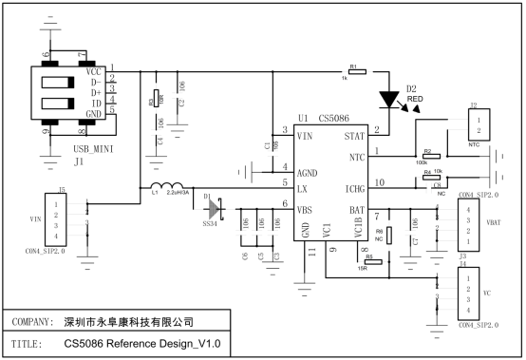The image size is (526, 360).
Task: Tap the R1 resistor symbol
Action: pyautogui.click(x=353, y=71)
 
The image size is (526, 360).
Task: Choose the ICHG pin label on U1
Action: pyautogui.click(x=351, y=191)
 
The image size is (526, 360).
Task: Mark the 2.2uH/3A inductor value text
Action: pyautogui.click(x=183, y=193)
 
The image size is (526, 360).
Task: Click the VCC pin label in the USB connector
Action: pyautogui.click(x=93, y=71)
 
